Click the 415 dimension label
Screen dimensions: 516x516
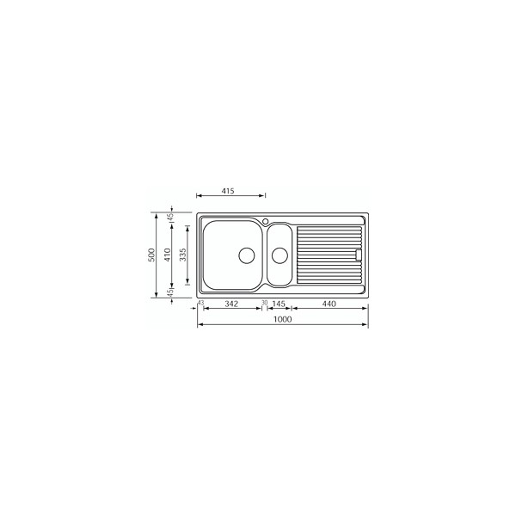tap(228, 191)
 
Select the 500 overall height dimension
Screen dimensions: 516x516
tap(151, 255)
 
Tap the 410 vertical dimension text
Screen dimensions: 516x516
tap(168, 255)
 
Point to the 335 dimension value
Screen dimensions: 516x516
tap(183, 255)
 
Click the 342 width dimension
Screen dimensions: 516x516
tap(231, 304)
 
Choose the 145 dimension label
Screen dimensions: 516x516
tap(279, 304)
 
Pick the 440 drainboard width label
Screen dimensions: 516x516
tap(329, 304)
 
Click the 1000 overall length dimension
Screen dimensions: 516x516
tap(283, 319)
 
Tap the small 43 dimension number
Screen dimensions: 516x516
tap(200, 302)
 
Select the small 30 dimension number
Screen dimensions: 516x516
tap(265, 302)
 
